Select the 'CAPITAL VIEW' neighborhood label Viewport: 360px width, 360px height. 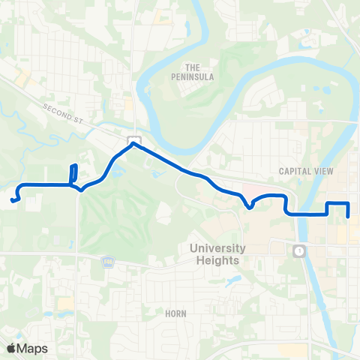point(306,171)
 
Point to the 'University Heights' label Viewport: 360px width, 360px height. point(214,254)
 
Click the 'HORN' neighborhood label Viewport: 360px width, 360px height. point(177,312)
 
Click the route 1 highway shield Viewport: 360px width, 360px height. point(299,250)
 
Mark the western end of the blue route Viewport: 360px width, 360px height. point(13,200)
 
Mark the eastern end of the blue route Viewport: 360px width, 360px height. point(349,216)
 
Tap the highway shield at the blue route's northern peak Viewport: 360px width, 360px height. point(133,140)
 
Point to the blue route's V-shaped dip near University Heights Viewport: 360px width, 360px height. point(249,207)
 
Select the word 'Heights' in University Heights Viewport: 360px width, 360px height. point(214,260)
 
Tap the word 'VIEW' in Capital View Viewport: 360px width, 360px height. point(322,171)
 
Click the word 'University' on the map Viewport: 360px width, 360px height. point(214,248)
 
